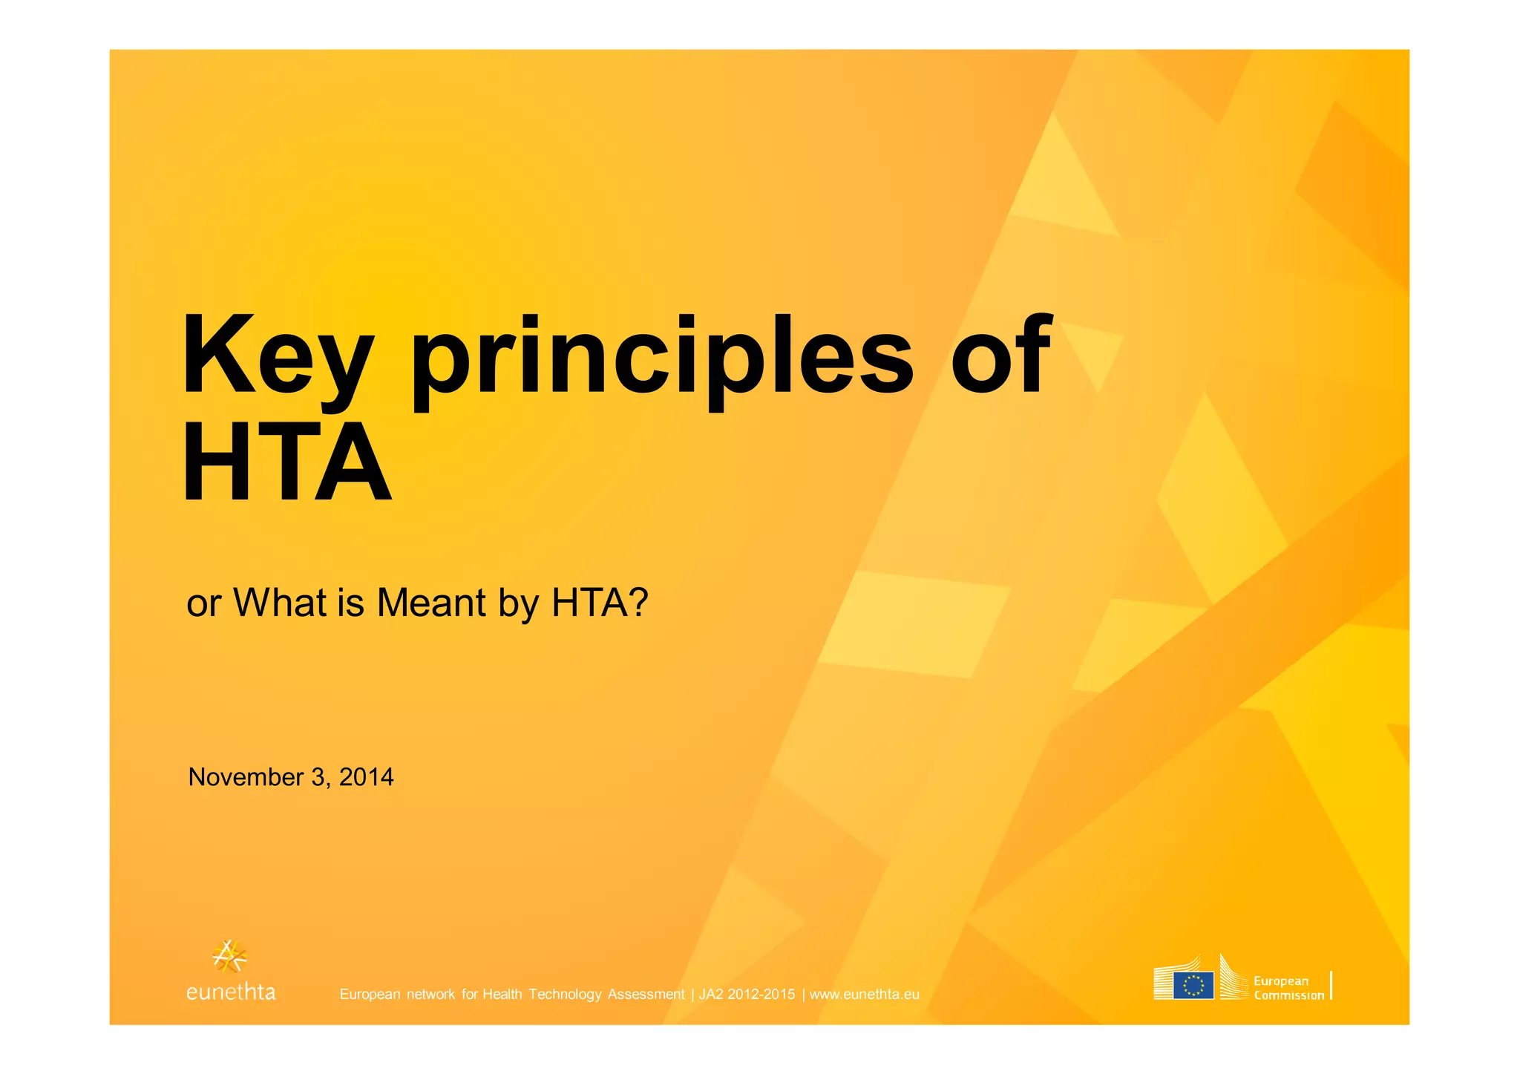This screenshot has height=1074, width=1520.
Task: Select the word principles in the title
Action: tap(662, 360)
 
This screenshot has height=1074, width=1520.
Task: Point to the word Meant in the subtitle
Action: tap(432, 603)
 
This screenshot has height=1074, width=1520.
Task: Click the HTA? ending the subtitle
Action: tap(600, 603)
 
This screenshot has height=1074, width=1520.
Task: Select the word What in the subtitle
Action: tap(280, 603)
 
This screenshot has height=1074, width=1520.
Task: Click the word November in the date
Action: tap(246, 777)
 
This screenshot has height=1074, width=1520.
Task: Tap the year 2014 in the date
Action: tap(366, 777)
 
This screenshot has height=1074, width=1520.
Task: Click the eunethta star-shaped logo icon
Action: tap(229, 956)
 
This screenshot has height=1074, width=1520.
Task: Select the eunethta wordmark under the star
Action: tap(231, 992)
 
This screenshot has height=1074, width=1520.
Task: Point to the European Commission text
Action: tap(1288, 988)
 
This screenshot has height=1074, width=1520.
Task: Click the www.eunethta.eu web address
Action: tap(864, 995)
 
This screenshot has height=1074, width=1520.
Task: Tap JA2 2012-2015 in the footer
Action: tap(747, 995)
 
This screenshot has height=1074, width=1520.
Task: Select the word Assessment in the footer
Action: tap(646, 995)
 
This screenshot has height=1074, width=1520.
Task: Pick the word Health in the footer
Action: tap(502, 995)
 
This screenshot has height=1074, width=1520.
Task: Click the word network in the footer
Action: tap(430, 995)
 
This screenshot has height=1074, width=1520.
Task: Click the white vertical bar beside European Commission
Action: tap(1331, 986)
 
